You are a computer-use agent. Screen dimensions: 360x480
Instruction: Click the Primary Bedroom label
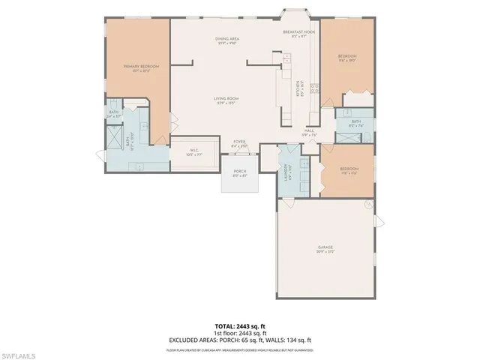click(142, 67)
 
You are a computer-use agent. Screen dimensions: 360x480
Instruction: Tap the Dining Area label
click(226, 38)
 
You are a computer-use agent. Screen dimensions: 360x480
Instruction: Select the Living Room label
click(226, 101)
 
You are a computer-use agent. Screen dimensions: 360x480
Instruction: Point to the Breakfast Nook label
click(298, 33)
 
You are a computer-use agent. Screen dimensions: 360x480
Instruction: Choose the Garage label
click(325, 247)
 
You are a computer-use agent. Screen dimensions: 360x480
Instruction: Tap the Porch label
click(239, 172)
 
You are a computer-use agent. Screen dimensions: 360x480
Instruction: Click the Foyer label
click(239, 141)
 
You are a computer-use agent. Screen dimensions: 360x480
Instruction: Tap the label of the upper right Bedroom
click(346, 56)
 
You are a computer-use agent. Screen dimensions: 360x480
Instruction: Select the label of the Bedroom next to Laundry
click(349, 169)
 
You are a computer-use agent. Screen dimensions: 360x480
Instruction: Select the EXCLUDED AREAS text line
click(239, 340)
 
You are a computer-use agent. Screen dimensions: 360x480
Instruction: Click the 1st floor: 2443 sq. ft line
click(239, 334)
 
